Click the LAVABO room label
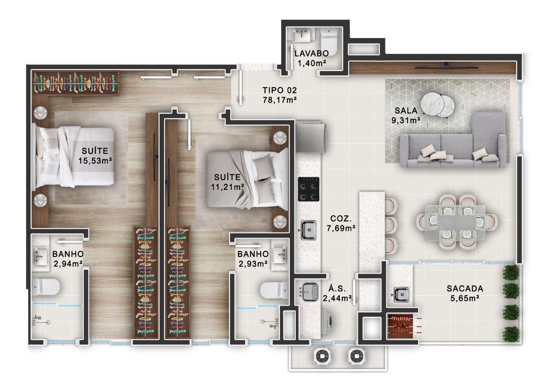point(312,53)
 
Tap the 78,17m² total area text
point(280,100)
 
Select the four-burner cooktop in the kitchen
point(309,189)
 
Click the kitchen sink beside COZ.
point(308,230)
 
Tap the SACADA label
point(465,289)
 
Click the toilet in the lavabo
point(329,41)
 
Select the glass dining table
point(455,223)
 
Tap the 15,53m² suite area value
point(95,161)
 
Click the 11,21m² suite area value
point(227,187)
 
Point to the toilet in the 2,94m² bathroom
point(46,287)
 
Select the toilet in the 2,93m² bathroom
point(274,290)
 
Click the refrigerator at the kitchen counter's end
point(311,138)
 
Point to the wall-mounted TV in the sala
point(447,66)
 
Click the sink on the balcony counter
point(400,295)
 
